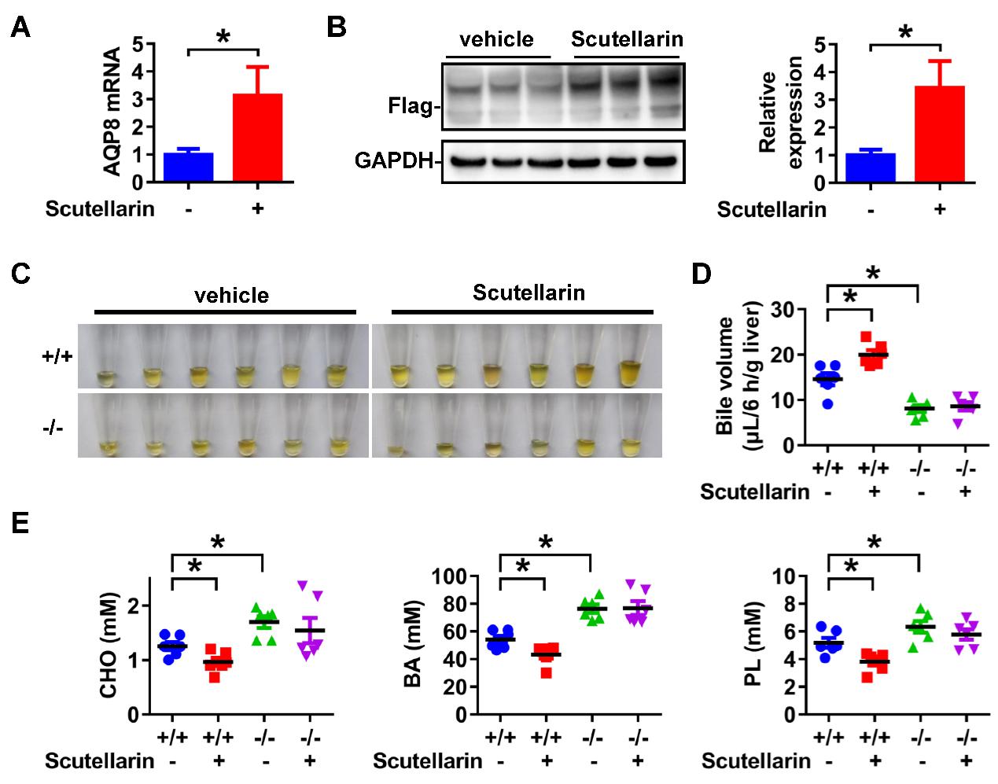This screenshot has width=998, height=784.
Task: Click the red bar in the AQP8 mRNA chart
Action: pos(257,138)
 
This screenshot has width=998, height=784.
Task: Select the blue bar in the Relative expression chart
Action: pos(871,167)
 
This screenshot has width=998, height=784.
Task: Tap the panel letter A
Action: pos(21,28)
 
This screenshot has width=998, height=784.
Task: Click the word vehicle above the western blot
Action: pos(497,39)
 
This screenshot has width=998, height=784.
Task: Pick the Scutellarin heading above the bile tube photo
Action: pos(529,293)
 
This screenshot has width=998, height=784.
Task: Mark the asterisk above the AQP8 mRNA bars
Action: pos(223,38)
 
